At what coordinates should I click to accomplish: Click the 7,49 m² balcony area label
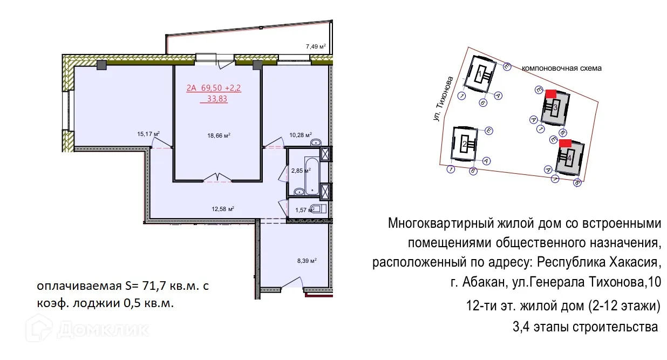(316, 46)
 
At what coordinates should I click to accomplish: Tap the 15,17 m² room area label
(149, 134)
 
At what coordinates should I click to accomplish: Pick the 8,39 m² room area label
(305, 260)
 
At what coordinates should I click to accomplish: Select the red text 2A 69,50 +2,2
(214, 87)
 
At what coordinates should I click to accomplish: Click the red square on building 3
(551, 94)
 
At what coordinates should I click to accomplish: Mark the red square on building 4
(565, 143)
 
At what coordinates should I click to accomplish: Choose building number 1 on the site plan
(479, 73)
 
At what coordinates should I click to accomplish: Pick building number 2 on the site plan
(464, 144)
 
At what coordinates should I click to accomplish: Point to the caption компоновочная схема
(561, 69)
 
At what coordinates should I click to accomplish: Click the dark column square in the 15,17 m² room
(101, 65)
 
